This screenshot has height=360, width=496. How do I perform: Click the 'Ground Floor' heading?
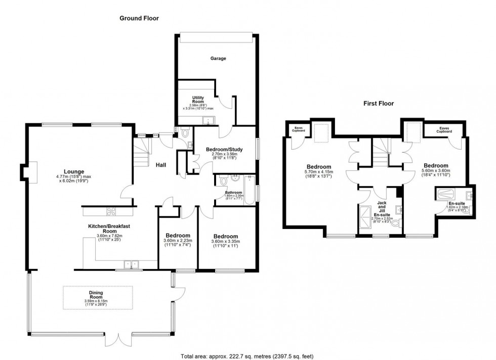click(139, 18)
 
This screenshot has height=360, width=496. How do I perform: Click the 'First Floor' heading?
click(379, 103)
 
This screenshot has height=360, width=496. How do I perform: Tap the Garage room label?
click(218, 59)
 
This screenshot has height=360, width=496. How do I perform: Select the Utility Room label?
click(197, 100)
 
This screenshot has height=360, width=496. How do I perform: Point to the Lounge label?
click(74, 171)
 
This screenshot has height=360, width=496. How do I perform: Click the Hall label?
click(161, 165)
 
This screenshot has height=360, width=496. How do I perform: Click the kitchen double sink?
click(131, 264)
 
